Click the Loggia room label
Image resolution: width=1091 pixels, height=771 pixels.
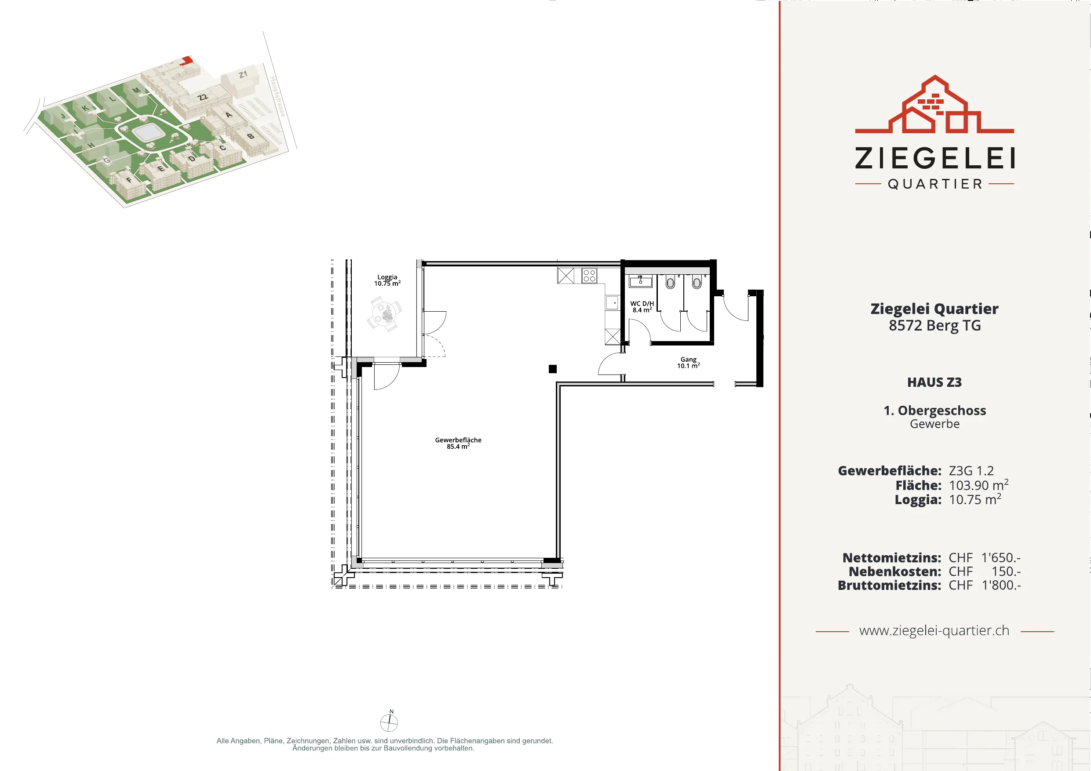[x=387, y=280]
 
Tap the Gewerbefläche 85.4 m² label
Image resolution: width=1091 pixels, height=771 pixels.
[x=458, y=443]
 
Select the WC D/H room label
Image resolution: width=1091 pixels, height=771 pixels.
[x=642, y=307]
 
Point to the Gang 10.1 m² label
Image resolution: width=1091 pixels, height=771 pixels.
[x=689, y=363]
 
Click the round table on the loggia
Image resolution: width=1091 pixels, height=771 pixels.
[x=384, y=314]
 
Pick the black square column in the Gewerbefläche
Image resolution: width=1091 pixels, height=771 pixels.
[x=553, y=369]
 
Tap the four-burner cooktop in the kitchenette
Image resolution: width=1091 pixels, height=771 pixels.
[x=589, y=276]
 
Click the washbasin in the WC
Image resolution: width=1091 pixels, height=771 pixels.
[x=641, y=281]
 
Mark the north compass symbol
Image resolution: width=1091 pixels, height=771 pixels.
[x=389, y=721]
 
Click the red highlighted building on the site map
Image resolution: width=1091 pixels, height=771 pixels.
[x=186, y=60]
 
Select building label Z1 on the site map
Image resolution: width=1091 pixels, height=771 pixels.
[x=243, y=75]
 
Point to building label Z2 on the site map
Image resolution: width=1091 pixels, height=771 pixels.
[x=203, y=98]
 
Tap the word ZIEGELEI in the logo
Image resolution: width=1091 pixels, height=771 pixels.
[x=934, y=158]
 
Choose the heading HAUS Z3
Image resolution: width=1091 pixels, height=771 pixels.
[x=934, y=382]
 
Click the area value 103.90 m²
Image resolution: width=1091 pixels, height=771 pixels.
[x=978, y=485]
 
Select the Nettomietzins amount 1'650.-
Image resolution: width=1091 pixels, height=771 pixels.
[x=1001, y=558]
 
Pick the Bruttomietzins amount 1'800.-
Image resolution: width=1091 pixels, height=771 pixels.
[x=1001, y=585]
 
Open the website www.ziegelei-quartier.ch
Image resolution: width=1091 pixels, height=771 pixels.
[x=934, y=631]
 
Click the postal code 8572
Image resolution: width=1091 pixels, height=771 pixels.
[x=905, y=326]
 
